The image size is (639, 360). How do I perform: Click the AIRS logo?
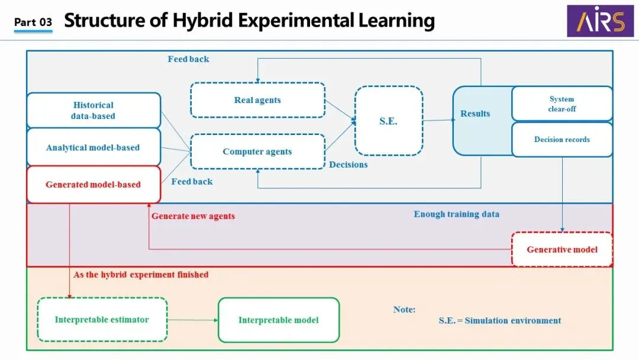click(595, 21)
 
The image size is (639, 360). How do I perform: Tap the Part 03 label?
click(33, 22)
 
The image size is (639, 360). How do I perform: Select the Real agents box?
click(257, 100)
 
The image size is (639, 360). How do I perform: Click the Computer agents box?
click(257, 152)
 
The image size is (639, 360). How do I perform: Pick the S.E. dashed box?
click(388, 121)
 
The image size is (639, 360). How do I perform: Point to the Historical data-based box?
click(93, 110)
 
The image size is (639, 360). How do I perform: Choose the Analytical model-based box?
click(93, 147)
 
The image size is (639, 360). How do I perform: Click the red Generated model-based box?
click(93, 184)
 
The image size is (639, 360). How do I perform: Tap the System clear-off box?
click(561, 104)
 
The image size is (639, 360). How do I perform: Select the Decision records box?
click(561, 140)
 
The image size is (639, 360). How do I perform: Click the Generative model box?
click(561, 249)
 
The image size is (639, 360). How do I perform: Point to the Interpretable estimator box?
click(102, 320)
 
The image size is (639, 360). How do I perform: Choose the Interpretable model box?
click(279, 320)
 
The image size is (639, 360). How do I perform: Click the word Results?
click(475, 114)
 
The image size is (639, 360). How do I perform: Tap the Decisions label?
click(348, 165)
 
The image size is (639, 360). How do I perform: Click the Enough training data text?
click(456, 214)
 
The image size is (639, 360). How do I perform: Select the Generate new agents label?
click(193, 216)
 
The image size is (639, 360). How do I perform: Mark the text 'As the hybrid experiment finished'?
click(141, 275)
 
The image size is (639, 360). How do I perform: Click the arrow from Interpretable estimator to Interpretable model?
click(193, 320)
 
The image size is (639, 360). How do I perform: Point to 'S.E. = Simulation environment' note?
click(500, 320)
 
